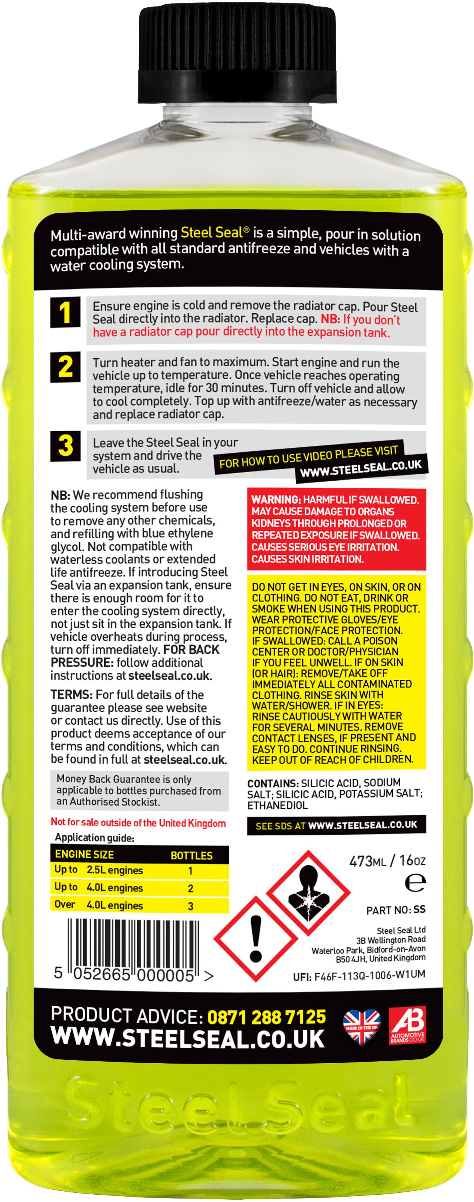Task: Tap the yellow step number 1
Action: click(65, 312)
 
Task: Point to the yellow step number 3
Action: click(65, 446)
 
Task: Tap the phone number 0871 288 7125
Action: click(266, 1017)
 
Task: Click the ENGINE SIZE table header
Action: click(84, 854)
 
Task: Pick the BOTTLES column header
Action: click(191, 855)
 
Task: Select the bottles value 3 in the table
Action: click(190, 906)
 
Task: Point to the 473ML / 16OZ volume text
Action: click(387, 861)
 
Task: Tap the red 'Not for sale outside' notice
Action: click(138, 823)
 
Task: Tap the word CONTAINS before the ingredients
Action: click(273, 783)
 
